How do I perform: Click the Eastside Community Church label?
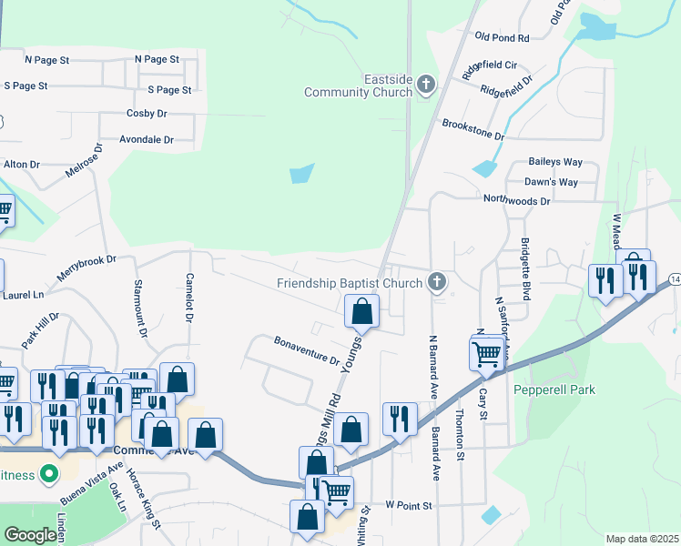[x=358, y=86]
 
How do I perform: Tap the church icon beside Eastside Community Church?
[x=426, y=86]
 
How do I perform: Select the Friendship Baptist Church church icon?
[x=437, y=282]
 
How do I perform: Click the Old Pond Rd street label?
[x=502, y=38]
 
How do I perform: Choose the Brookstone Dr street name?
[x=473, y=128]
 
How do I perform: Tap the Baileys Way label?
[x=555, y=162]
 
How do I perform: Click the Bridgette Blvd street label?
[x=525, y=265]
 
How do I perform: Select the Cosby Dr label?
[x=146, y=114]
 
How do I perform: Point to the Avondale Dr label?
[x=146, y=140]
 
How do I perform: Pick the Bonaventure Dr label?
[x=307, y=349]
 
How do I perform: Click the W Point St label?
[x=407, y=503]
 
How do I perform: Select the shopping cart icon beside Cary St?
[x=486, y=352]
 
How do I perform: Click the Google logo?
[x=31, y=535]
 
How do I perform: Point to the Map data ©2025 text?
[x=642, y=539]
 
